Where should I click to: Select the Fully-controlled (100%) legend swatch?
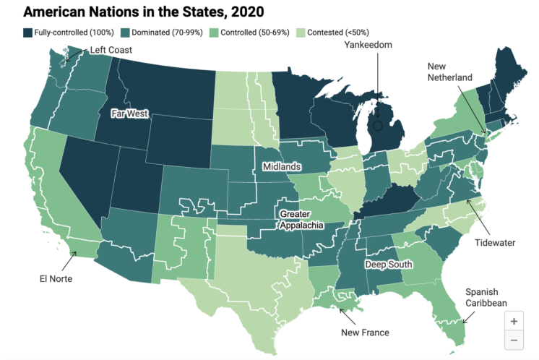[27, 33]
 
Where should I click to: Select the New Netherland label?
[449, 72]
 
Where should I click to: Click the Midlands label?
[282, 167]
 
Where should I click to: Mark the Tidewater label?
[495, 243]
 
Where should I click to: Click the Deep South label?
[388, 265]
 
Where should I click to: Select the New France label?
[365, 333]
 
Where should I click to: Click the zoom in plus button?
[514, 321]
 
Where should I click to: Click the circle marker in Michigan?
[377, 126]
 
